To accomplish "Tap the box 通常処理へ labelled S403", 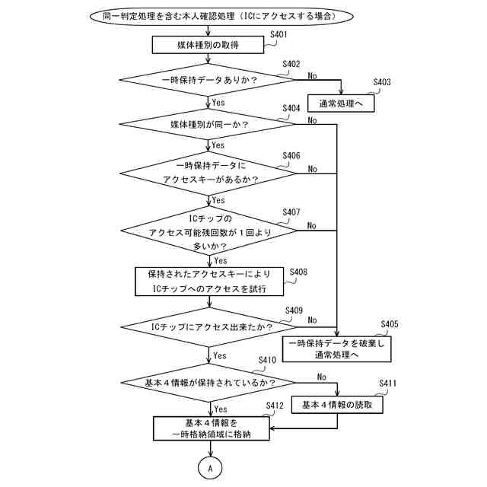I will [341, 103].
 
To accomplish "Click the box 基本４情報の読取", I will [337, 405].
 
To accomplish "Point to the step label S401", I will [279, 35].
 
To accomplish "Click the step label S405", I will [389, 324].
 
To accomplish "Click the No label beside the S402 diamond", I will [313, 75].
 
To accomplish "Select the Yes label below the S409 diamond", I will [220, 355].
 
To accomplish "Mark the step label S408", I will [298, 272].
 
